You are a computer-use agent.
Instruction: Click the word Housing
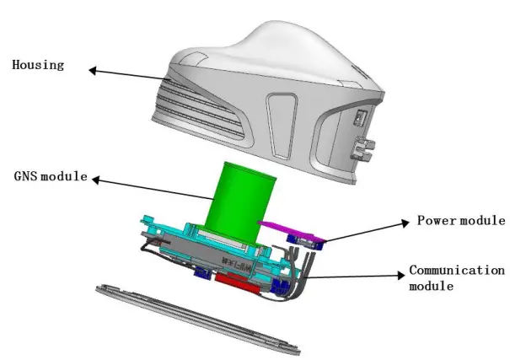tap(38, 65)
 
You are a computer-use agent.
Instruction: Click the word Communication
tap(456, 271)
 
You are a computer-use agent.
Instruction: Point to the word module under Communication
tap(429, 287)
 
